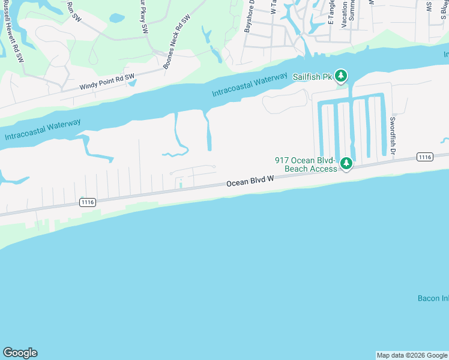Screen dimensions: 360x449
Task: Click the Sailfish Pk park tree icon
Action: coord(341,76)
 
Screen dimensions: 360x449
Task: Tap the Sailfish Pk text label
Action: coord(312,77)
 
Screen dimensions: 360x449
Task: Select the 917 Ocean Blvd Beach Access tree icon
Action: coord(346,164)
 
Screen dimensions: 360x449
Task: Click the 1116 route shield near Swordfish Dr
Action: coord(424,157)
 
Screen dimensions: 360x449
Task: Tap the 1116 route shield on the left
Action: coord(88,203)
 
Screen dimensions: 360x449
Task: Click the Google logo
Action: coord(20,353)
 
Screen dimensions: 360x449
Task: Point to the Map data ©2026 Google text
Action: coord(412,355)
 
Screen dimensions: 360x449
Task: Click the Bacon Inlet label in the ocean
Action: coord(433,298)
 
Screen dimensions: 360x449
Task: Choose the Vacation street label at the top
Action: coord(344,14)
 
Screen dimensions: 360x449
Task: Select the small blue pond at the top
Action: coord(116,18)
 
